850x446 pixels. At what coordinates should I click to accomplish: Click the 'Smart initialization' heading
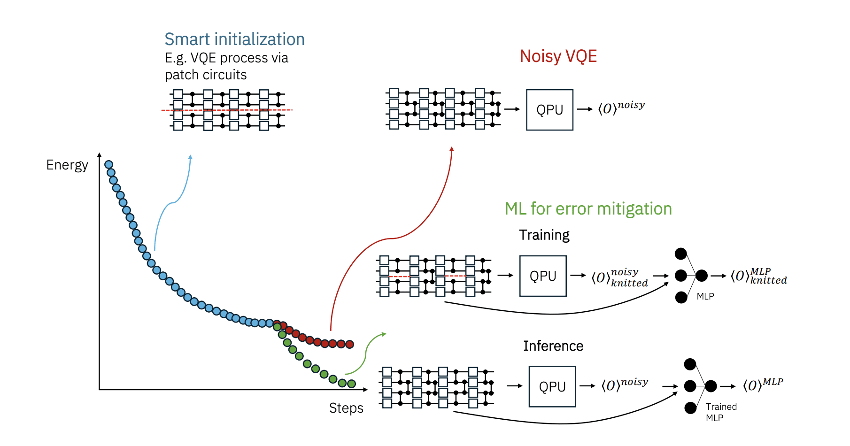tap(234, 39)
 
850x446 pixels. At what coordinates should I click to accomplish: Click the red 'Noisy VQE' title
tap(558, 56)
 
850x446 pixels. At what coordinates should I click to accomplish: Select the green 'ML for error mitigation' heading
tap(588, 209)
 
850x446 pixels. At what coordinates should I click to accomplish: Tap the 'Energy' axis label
tap(67, 165)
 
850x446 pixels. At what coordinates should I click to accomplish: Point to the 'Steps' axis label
tap(346, 408)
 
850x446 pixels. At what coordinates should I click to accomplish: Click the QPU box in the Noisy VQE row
tap(549, 110)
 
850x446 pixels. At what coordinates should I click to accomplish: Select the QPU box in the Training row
tap(543, 276)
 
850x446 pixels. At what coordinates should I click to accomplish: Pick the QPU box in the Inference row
tap(552, 386)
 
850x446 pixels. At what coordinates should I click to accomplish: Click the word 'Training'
tap(544, 235)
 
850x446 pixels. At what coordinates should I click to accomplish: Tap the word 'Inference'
tap(553, 346)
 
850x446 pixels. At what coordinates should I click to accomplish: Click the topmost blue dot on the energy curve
tap(108, 164)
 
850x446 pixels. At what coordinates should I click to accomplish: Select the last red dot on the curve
tap(349, 344)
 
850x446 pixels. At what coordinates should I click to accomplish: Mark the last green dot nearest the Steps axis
tap(351, 384)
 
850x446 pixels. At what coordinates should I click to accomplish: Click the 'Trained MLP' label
tap(721, 412)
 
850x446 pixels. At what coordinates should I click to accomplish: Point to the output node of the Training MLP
tap(702, 276)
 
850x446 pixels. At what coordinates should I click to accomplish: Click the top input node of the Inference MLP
tap(690, 364)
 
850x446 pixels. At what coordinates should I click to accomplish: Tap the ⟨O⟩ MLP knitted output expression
tap(758, 276)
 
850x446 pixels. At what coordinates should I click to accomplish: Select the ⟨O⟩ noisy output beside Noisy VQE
tap(621, 108)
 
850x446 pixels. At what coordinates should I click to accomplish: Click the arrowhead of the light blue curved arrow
tap(190, 157)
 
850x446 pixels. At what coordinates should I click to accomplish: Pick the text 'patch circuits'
tap(205, 75)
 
